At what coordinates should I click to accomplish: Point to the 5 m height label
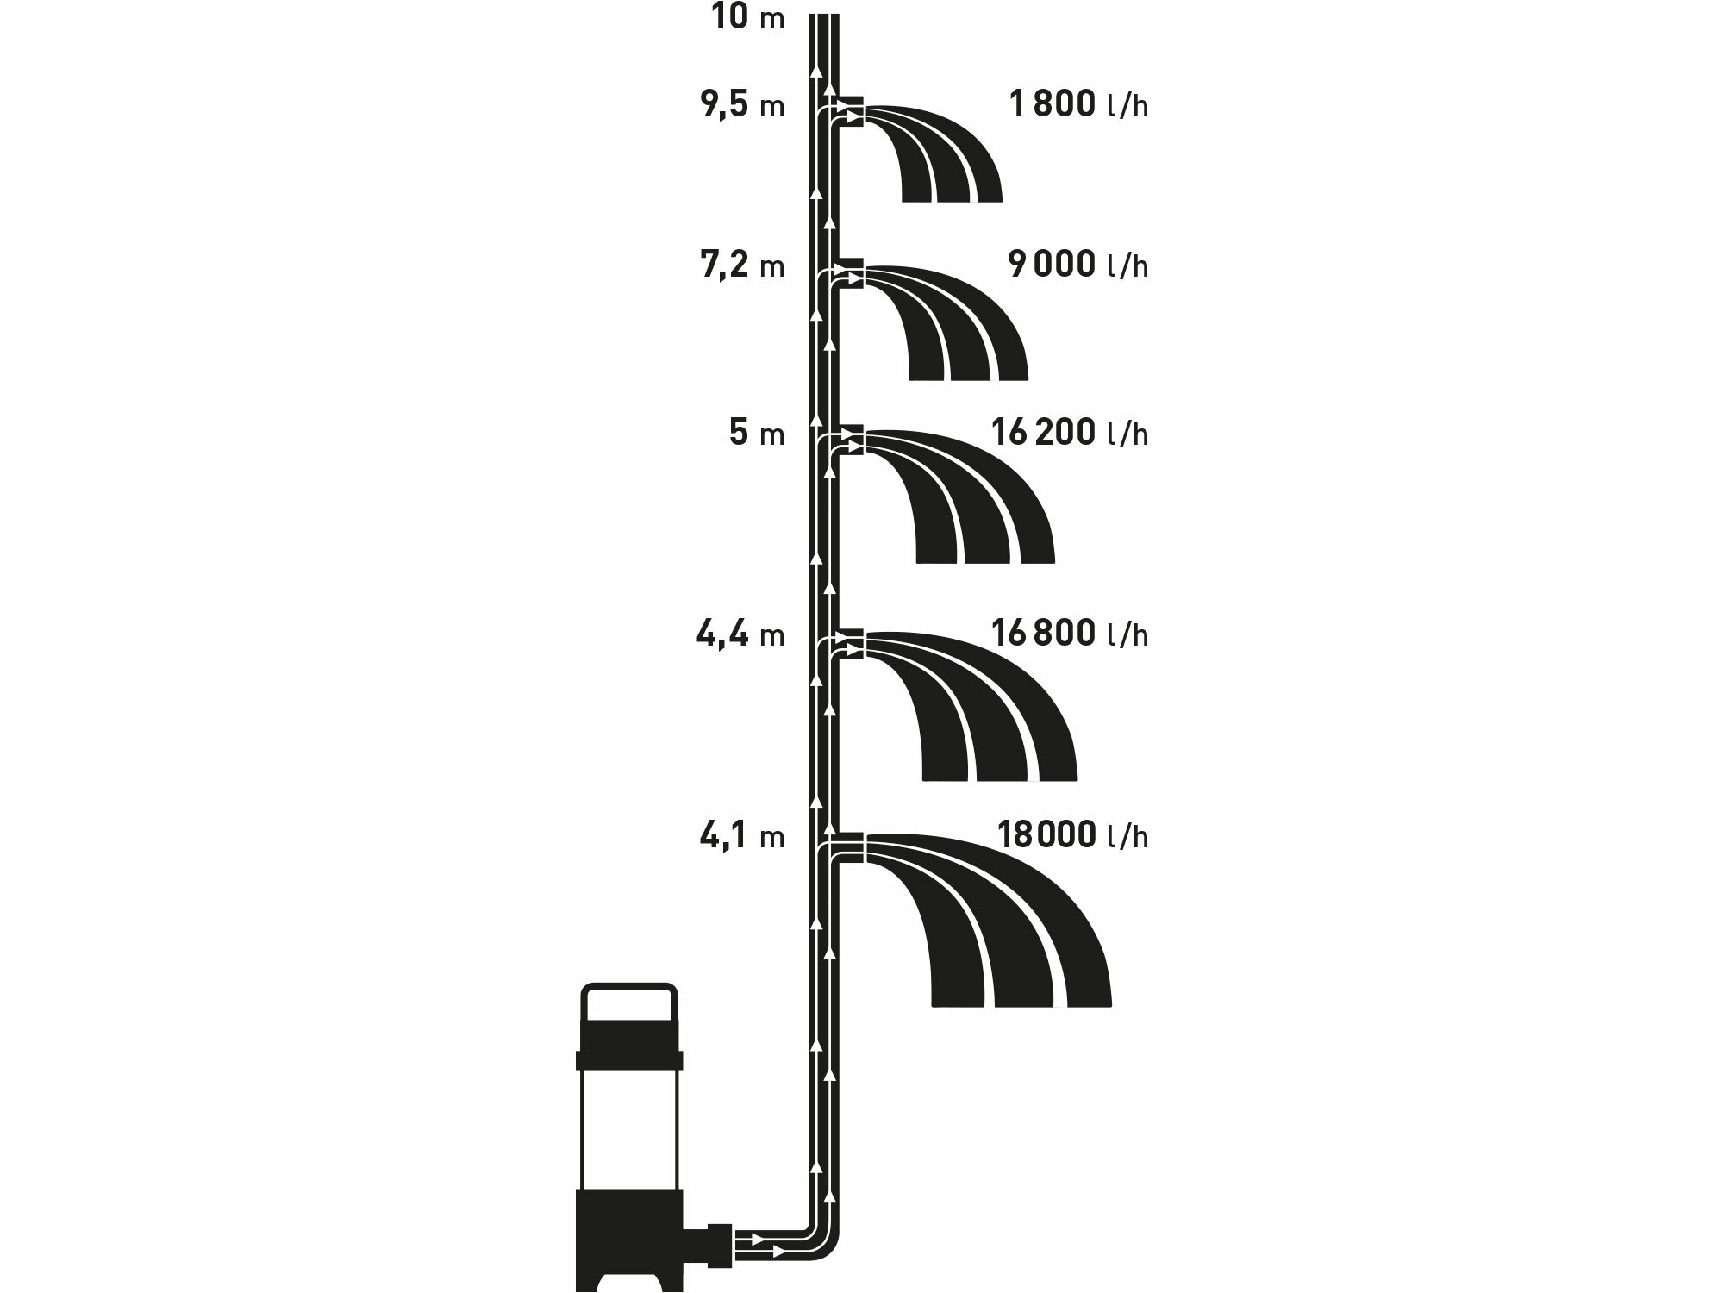[756, 433]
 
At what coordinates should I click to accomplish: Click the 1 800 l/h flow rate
[1078, 106]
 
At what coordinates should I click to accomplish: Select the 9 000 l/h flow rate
[1078, 265]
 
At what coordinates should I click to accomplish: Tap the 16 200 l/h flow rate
[1070, 433]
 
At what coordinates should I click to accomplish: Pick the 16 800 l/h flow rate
[1070, 634]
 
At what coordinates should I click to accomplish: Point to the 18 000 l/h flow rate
[1072, 836]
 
